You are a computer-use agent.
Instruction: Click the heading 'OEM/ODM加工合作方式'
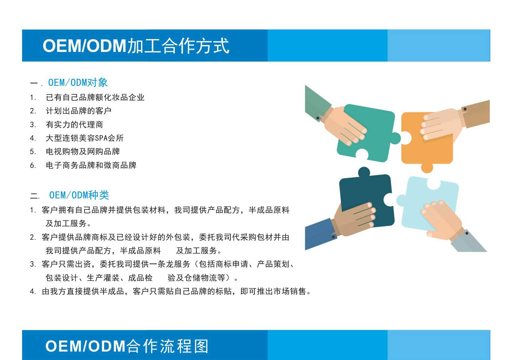pyautogui.click(x=136, y=46)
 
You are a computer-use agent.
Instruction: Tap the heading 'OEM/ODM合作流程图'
pyautogui.click(x=127, y=346)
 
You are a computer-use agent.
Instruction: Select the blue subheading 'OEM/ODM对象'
pyautogui.click(x=78, y=83)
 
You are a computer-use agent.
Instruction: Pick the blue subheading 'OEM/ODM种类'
pyautogui.click(x=79, y=195)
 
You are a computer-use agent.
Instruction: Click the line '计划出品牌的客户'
pyautogui.click(x=79, y=111)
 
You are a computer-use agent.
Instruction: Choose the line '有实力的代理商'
pyautogui.click(x=74, y=125)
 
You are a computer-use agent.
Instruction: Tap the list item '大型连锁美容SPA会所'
pyautogui.click(x=85, y=138)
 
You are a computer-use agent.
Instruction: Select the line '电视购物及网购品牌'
pyautogui.click(x=83, y=152)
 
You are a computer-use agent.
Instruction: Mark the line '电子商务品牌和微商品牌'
pyautogui.click(x=91, y=165)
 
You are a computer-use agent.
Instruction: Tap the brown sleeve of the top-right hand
pyautogui.click(x=477, y=113)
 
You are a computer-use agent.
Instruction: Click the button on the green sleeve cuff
pyautogui.click(x=318, y=118)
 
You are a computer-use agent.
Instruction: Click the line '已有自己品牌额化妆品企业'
pyautogui.click(x=95, y=98)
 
